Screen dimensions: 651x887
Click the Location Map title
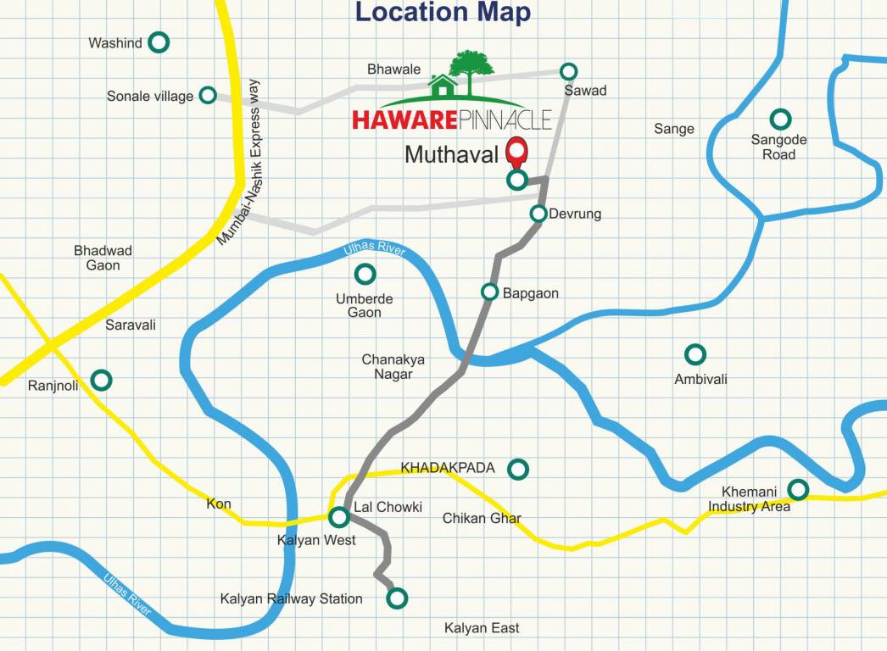(x=443, y=13)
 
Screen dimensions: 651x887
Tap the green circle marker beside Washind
(x=158, y=42)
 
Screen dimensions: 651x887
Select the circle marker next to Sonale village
(x=208, y=96)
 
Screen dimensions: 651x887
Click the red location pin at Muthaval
(x=516, y=153)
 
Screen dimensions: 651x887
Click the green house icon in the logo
(x=443, y=86)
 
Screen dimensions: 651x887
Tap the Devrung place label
(x=575, y=214)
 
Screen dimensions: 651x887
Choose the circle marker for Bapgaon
(x=489, y=292)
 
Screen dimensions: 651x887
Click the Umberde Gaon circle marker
(x=365, y=274)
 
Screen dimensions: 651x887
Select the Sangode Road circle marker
(x=779, y=119)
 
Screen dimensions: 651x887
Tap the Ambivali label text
(x=700, y=380)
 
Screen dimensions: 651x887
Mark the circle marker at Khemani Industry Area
(x=797, y=489)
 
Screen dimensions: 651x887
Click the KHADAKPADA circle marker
(x=517, y=468)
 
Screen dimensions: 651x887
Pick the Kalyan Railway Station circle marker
(x=396, y=598)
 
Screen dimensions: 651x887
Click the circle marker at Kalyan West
(x=339, y=516)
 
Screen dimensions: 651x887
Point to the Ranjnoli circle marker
(x=102, y=380)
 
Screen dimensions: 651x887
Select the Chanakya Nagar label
(x=393, y=367)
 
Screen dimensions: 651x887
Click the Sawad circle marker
(x=569, y=71)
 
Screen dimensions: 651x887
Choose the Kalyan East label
(x=482, y=628)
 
